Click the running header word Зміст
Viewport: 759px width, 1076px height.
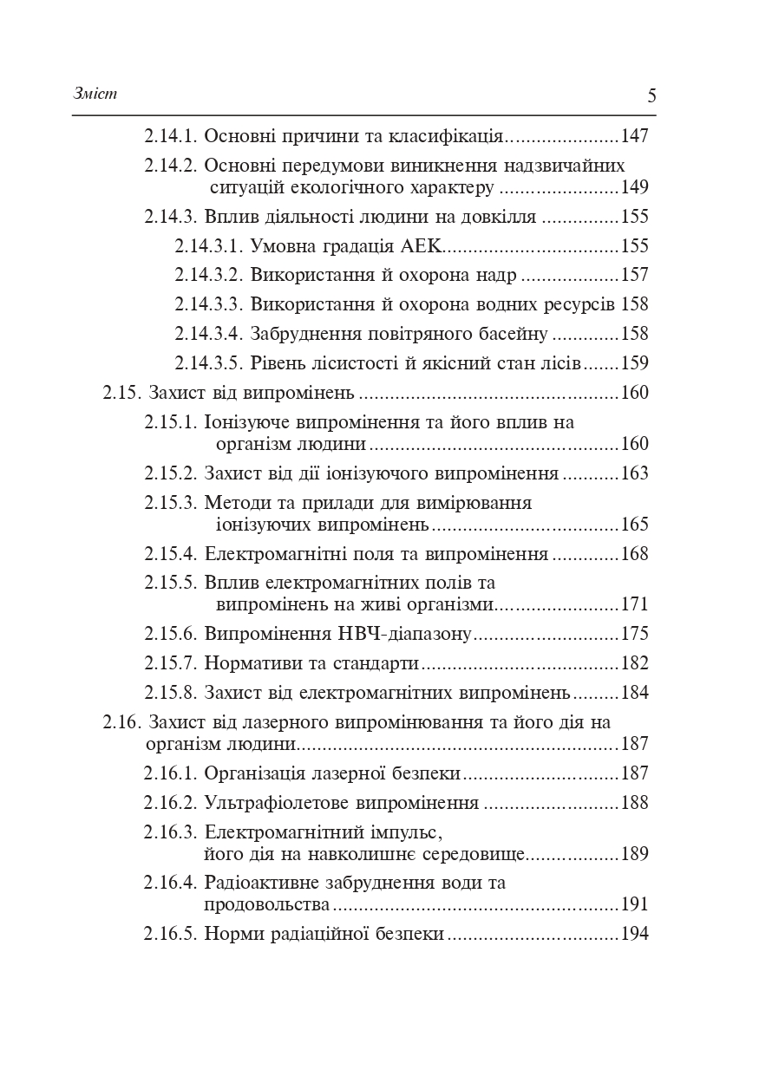pyautogui.click(x=95, y=94)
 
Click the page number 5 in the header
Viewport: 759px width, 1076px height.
pyautogui.click(x=651, y=95)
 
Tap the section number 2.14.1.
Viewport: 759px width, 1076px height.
pyautogui.click(x=171, y=136)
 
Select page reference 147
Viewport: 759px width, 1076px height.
pyautogui.click(x=635, y=136)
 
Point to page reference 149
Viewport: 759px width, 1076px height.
pyautogui.click(x=635, y=187)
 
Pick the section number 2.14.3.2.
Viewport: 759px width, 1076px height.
pyautogui.click(x=207, y=276)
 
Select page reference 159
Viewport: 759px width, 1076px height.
pyautogui.click(x=635, y=363)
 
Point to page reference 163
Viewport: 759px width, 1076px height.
pyautogui.click(x=635, y=474)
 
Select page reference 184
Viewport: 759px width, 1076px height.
pyautogui.click(x=635, y=693)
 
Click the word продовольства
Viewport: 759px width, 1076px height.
pyautogui.click(x=267, y=904)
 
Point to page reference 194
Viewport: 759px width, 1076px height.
pyautogui.click(x=635, y=934)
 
